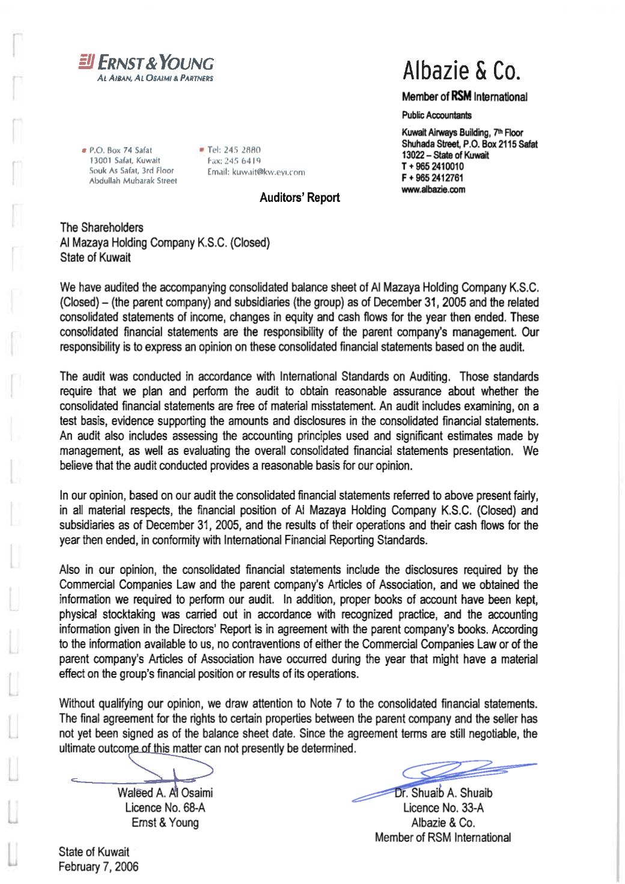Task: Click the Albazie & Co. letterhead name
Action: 461,71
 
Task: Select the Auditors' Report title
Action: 299,198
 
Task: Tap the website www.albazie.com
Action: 433,189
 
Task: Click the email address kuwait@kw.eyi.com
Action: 256,172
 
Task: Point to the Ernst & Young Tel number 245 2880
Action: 234,150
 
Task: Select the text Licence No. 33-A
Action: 443,808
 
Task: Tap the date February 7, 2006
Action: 98,867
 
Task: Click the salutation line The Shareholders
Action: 102,227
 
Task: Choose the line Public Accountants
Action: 437,115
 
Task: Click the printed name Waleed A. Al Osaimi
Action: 165,793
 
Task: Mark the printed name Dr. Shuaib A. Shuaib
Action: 444,793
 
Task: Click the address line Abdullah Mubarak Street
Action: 133,180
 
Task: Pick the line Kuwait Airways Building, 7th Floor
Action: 462,132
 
